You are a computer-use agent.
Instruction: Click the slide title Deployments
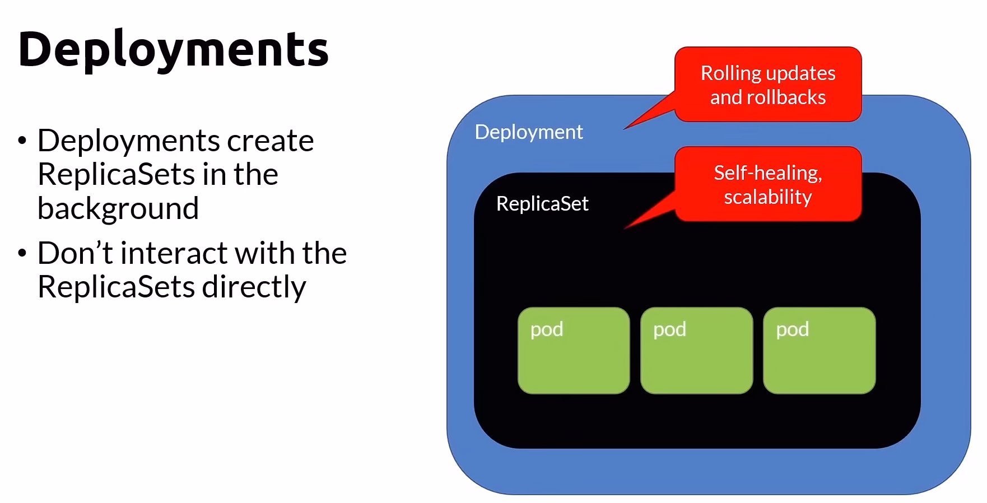point(173,49)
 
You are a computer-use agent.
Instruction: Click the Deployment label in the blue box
point(529,132)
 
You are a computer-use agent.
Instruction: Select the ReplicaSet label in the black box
point(542,204)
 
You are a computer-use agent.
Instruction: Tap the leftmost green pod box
point(574,351)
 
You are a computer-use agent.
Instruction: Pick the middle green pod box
point(696,351)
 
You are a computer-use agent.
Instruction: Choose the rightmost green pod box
point(819,351)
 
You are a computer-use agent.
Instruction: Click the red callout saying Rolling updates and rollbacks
point(768,85)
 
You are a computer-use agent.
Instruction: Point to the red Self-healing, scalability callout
point(768,184)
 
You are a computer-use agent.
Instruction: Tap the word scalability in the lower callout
point(768,197)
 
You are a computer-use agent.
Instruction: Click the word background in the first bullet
point(118,208)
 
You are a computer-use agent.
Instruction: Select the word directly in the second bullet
point(254,287)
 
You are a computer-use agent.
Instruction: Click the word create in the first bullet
point(270,141)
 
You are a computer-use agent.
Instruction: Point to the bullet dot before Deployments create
point(22,140)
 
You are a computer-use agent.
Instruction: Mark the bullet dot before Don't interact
point(22,253)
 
